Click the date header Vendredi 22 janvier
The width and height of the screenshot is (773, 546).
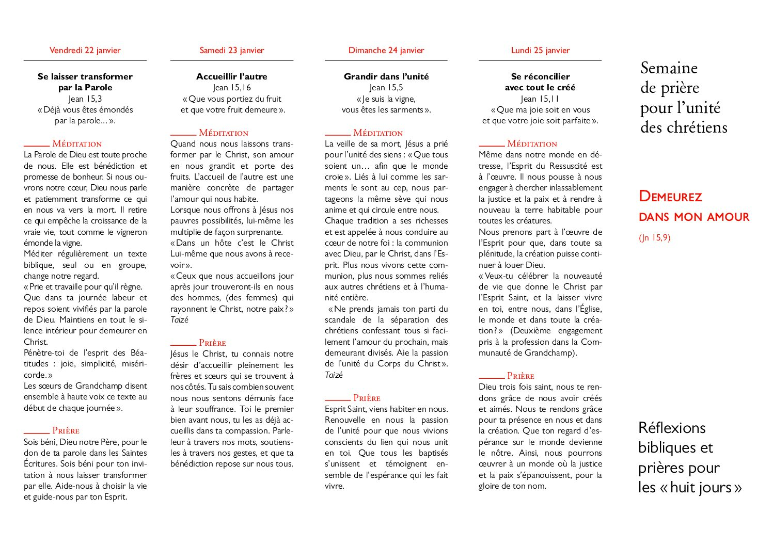pos(85,50)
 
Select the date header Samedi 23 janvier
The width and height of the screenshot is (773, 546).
pos(232,50)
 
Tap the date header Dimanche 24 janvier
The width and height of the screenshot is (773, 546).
pos(386,50)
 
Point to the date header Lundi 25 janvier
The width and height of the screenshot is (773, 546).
pos(540,50)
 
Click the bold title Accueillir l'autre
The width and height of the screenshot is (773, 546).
pos(232,76)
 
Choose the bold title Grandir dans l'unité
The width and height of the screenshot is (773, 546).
pos(386,76)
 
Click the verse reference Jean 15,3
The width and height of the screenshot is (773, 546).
pos(85,99)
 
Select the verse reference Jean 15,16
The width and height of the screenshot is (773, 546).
pos(232,88)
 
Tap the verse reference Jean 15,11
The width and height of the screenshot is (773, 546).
pos(540,99)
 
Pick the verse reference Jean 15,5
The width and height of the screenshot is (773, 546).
pos(386,88)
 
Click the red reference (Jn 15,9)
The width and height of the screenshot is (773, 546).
pos(654,238)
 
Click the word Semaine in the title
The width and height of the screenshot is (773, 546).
pos(669,68)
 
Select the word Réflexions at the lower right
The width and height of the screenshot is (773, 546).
pos(672,428)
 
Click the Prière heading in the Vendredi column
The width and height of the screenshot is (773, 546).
pos(66,430)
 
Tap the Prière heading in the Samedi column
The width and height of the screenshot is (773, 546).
pos(212,343)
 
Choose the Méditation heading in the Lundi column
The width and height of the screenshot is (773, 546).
pos(532,143)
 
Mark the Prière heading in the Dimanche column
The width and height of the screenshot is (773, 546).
pos(367,398)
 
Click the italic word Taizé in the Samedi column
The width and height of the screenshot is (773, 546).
pos(179,320)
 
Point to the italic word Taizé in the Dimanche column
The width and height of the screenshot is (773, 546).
pos(334,375)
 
